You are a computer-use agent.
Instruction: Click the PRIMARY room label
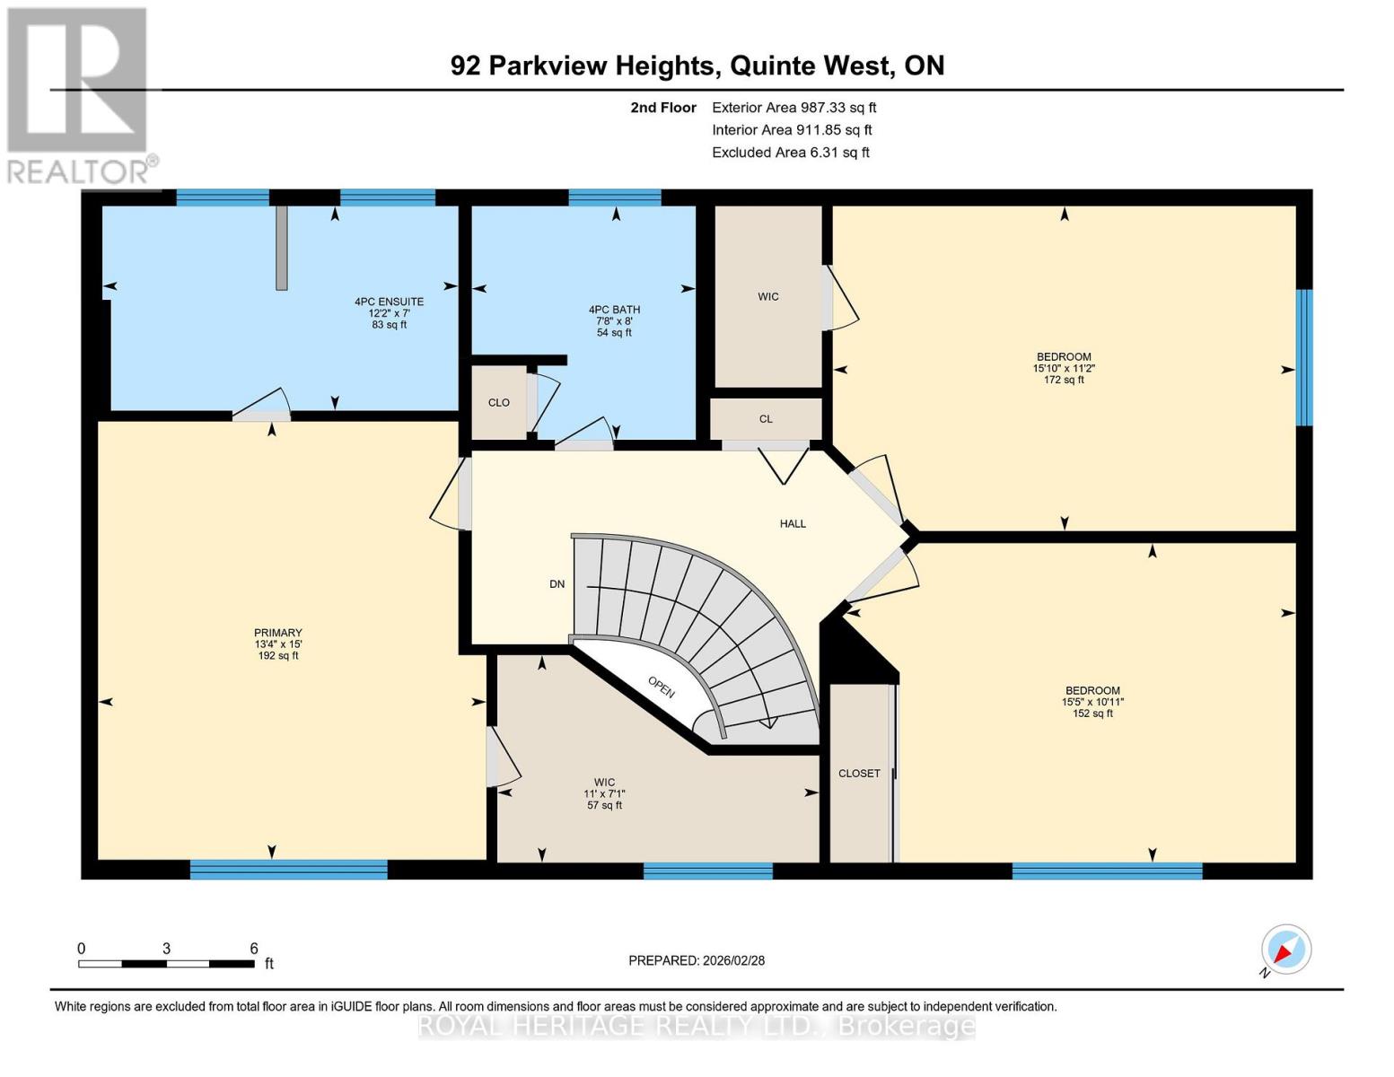click(277, 633)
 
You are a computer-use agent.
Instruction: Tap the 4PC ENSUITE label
click(389, 302)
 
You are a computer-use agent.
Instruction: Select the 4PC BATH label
click(614, 310)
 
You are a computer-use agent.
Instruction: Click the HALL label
click(793, 523)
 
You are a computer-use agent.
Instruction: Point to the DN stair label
click(557, 584)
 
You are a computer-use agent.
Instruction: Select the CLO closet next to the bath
click(498, 402)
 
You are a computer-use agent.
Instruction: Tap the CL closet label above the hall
click(766, 419)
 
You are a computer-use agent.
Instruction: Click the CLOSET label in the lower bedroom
click(859, 774)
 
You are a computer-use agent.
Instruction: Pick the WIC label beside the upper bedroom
click(767, 297)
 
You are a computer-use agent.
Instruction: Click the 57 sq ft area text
click(604, 805)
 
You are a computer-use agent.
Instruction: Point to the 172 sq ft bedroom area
click(1064, 380)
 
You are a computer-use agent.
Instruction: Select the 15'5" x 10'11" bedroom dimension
click(1092, 702)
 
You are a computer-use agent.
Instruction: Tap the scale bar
click(166, 964)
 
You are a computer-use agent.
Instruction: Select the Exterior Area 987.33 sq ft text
click(793, 108)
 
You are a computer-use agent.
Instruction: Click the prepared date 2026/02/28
click(697, 960)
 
